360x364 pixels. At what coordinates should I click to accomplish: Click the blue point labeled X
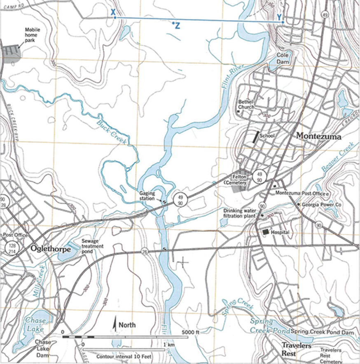click(x=115, y=17)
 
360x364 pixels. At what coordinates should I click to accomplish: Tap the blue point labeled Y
click(x=283, y=22)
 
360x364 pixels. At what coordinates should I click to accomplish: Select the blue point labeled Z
click(x=173, y=23)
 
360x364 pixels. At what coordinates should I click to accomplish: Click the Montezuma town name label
click(x=318, y=136)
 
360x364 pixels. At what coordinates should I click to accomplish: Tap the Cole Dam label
click(x=283, y=58)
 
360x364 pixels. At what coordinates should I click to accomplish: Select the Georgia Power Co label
click(x=321, y=204)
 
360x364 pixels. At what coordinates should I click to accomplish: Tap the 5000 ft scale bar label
click(x=190, y=332)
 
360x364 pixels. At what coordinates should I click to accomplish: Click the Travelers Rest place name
click(x=296, y=349)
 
